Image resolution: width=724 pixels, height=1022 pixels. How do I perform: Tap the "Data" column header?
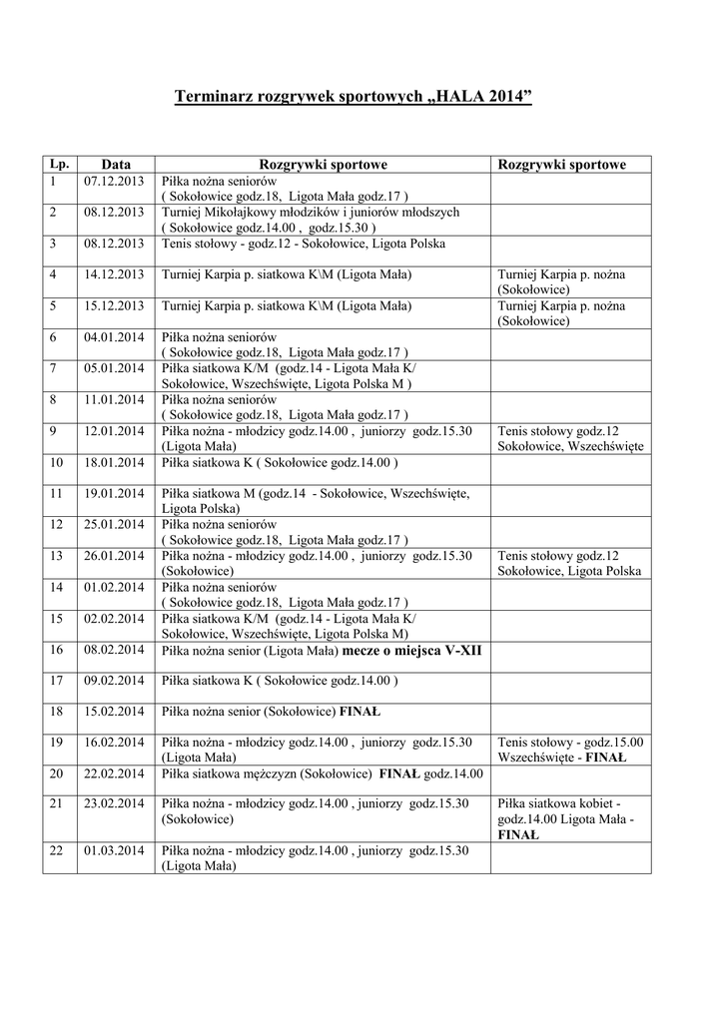(x=115, y=164)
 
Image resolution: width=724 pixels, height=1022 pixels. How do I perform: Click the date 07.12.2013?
(x=114, y=182)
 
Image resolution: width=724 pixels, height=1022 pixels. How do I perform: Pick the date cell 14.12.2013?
(x=114, y=273)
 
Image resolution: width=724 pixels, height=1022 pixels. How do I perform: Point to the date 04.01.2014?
(x=114, y=337)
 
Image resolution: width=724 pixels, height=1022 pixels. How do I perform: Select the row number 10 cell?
(x=56, y=462)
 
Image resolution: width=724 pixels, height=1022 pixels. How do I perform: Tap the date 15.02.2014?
(x=114, y=713)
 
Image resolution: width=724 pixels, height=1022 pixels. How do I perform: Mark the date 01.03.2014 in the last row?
(x=114, y=850)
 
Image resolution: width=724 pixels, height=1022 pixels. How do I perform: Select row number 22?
(x=56, y=850)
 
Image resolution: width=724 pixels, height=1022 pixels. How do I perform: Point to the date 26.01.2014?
(x=114, y=556)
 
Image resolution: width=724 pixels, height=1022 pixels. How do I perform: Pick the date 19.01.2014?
(x=114, y=493)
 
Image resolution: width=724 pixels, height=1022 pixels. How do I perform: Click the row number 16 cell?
(x=56, y=650)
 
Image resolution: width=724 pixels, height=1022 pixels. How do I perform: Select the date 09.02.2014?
(x=114, y=681)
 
